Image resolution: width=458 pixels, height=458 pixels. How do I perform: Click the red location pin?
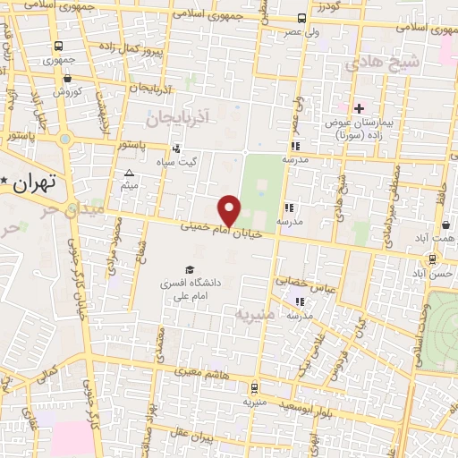231,209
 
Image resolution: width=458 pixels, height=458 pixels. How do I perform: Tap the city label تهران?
36,182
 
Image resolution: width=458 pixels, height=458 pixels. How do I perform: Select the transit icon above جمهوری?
58,47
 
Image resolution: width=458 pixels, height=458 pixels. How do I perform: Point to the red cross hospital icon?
358,108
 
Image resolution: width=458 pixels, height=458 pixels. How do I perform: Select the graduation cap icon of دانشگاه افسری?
189,269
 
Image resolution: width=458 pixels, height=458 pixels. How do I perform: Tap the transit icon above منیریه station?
256,388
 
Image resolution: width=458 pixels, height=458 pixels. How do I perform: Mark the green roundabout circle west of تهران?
64,139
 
